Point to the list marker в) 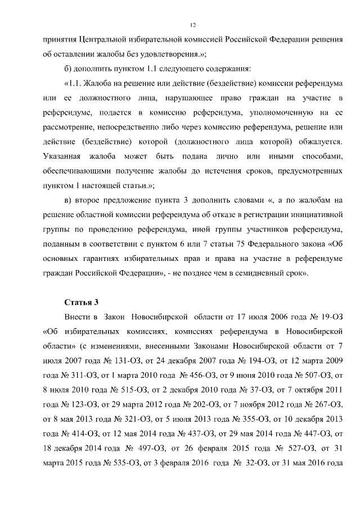70,200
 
